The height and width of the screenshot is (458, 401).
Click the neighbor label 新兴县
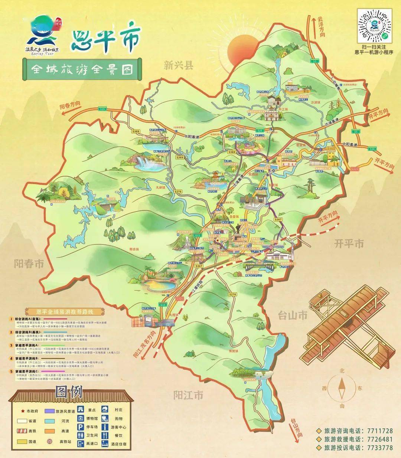179,66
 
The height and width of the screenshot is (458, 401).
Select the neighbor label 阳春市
29,264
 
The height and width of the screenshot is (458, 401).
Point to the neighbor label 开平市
349,244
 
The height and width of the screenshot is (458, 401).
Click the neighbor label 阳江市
188,395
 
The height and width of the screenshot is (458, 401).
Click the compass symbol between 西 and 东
342,388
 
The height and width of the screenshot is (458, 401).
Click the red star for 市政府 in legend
23,411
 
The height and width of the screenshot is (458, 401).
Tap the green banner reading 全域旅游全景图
82,69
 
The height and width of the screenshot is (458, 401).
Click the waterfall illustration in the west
143,162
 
